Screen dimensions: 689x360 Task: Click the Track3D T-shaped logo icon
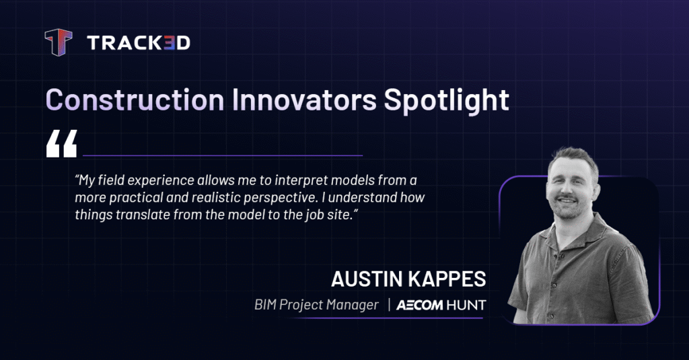(59, 42)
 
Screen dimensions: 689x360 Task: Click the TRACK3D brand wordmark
(139, 42)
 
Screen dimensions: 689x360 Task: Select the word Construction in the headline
(135, 100)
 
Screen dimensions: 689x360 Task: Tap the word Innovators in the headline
(304, 100)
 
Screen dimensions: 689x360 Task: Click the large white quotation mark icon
(61, 143)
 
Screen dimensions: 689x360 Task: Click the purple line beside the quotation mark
(223, 155)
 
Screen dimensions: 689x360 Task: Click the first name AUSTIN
(367, 279)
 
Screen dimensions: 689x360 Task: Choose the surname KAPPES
(447, 279)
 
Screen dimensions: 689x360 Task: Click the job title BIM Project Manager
(316, 305)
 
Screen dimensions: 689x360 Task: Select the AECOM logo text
(419, 305)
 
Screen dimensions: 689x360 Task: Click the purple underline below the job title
(387, 318)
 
